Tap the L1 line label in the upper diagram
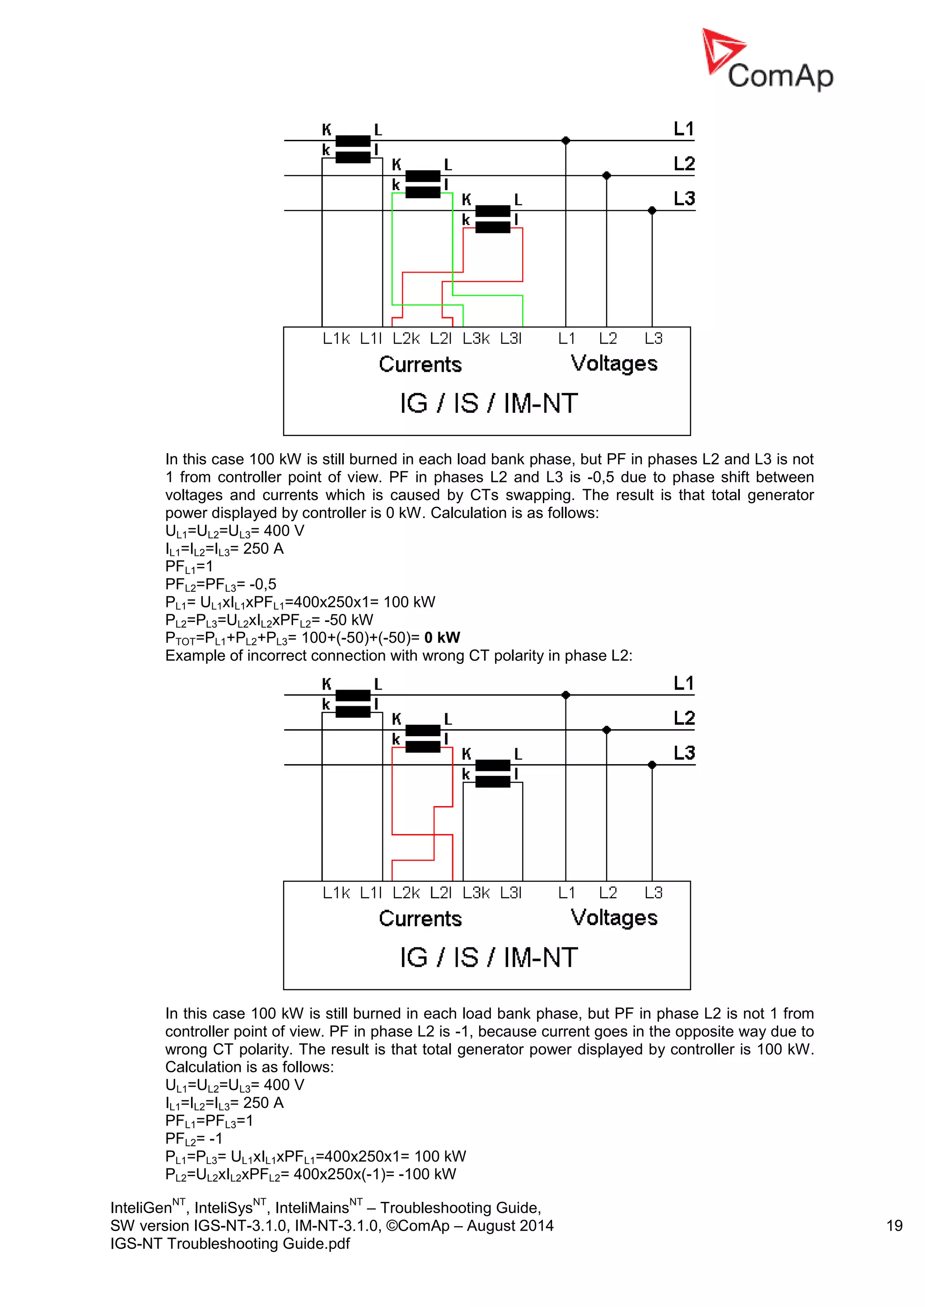click(x=683, y=129)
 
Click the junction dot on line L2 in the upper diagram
click(x=607, y=175)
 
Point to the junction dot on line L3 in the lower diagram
click(x=652, y=765)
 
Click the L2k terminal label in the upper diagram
click(x=406, y=338)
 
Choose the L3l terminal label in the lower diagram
click(x=511, y=893)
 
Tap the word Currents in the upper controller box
click(x=420, y=364)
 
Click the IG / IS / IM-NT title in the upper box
click(x=489, y=403)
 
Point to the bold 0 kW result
click(x=442, y=638)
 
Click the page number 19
click(x=894, y=1226)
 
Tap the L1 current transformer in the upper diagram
click(x=353, y=149)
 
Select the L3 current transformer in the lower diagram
click(x=493, y=774)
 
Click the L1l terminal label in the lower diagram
click(x=371, y=893)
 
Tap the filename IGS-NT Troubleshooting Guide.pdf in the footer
click(x=230, y=1243)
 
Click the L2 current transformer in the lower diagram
click(x=423, y=738)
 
